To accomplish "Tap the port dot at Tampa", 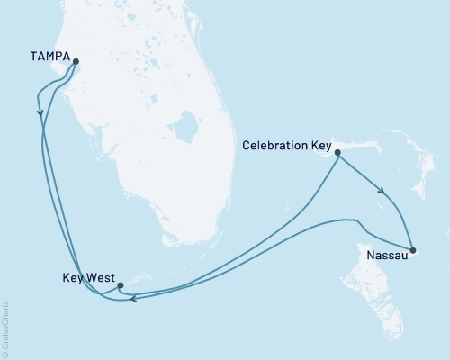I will (76, 62).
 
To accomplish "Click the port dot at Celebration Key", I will (337, 153).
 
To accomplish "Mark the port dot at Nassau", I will (412, 250).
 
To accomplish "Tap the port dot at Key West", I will (120, 285).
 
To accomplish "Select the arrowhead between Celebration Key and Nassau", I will (382, 191).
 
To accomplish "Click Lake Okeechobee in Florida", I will (187, 127).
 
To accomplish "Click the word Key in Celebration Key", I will (322, 145).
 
